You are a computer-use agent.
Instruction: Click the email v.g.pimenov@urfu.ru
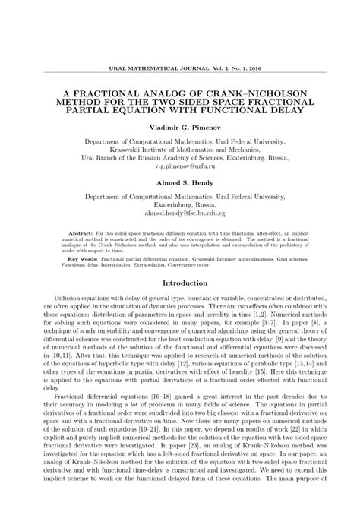pyautogui.click(x=180, y=165)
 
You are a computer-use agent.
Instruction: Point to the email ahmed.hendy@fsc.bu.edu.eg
pyautogui.click(x=180, y=214)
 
